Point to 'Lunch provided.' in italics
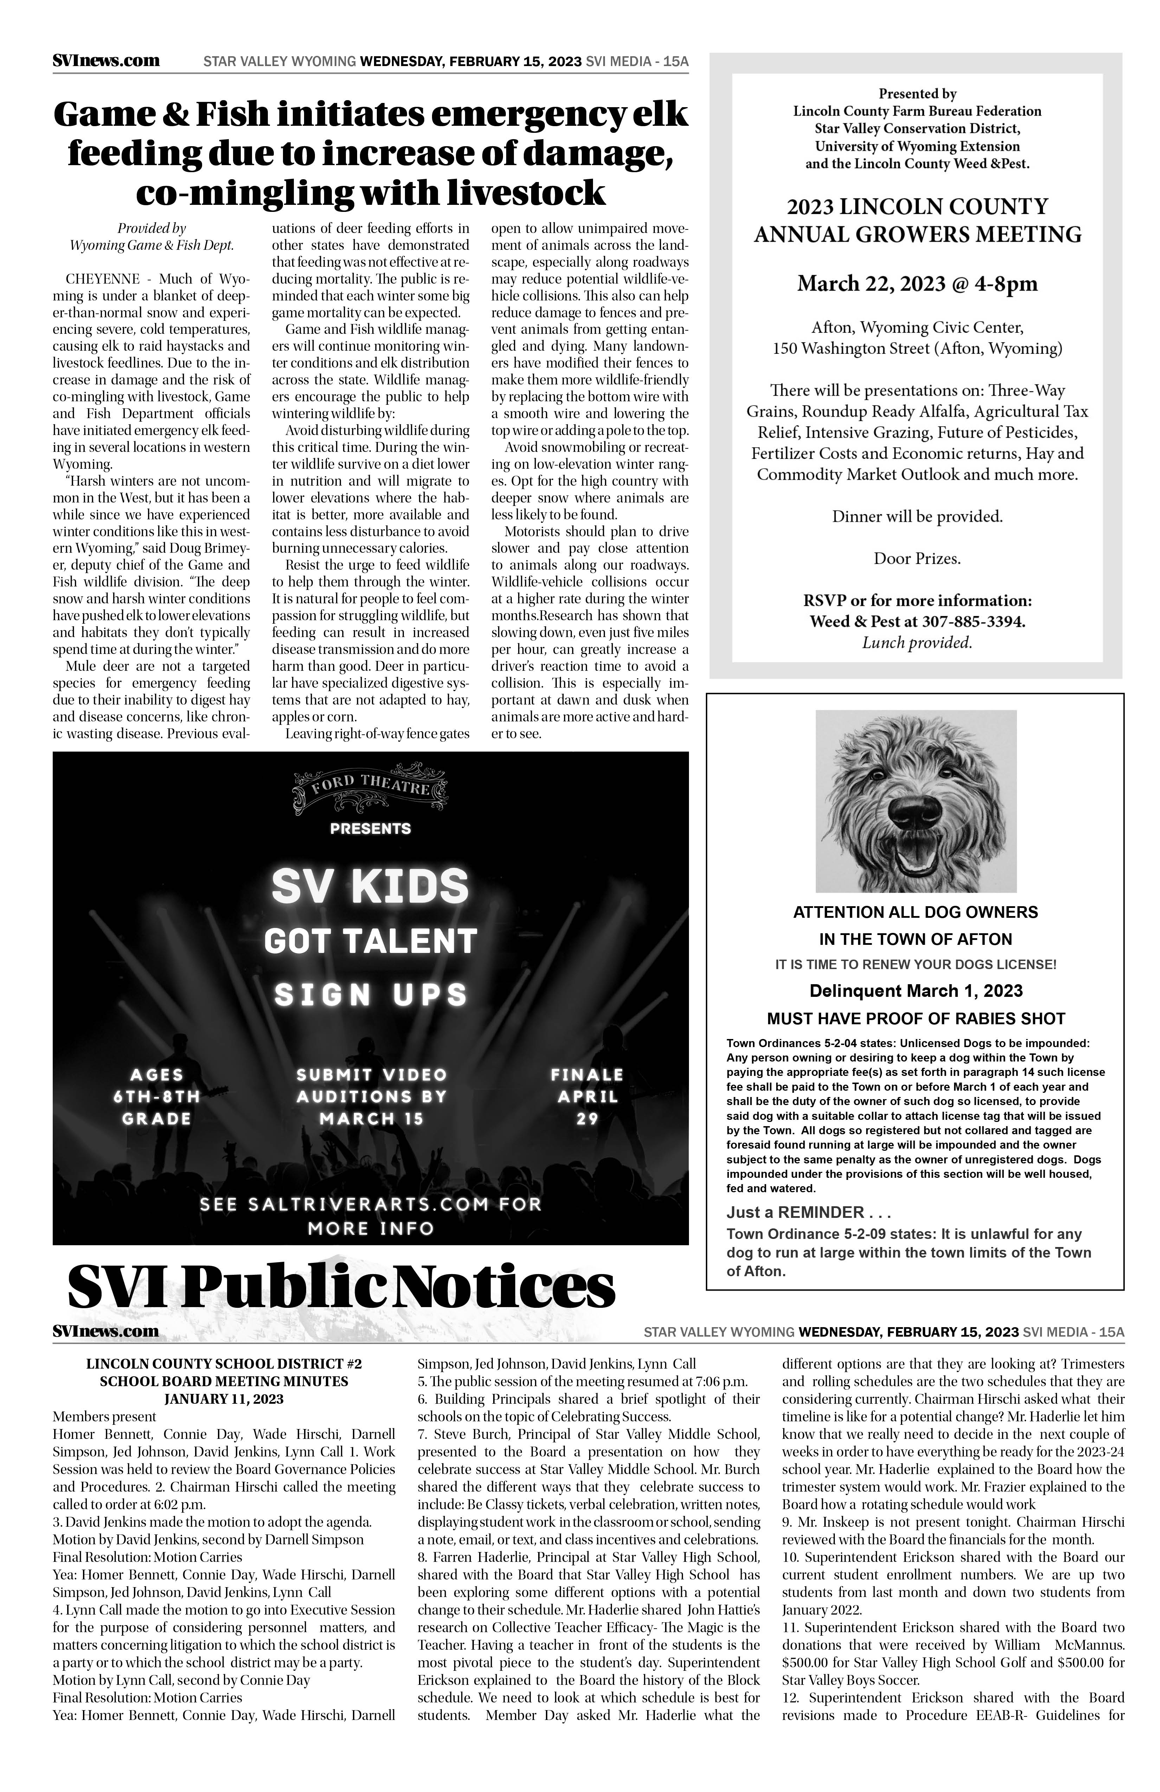(x=917, y=643)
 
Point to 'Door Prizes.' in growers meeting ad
(x=917, y=559)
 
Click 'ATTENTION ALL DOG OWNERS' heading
(x=915, y=913)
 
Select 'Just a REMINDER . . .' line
(x=808, y=1212)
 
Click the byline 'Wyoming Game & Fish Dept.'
(x=152, y=246)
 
